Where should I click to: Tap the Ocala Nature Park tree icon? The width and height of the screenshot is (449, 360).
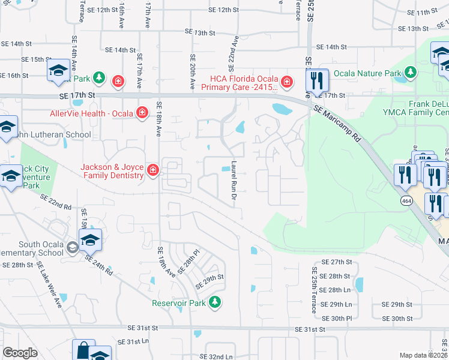pyautogui.click(x=411, y=73)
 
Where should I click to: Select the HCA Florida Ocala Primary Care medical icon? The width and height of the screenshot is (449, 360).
pyautogui.click(x=287, y=81)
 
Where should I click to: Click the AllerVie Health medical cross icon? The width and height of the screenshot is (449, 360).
pyautogui.click(x=142, y=112)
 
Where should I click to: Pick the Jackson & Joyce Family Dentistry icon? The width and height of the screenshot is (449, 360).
pyautogui.click(x=153, y=170)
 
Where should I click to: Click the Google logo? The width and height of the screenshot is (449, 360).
pyautogui.click(x=20, y=352)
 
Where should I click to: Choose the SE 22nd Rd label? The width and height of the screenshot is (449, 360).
pyautogui.click(x=56, y=202)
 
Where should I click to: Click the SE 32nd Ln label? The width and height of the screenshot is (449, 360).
pyautogui.click(x=217, y=356)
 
